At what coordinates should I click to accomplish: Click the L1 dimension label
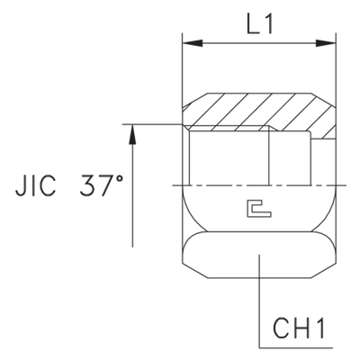[259, 27]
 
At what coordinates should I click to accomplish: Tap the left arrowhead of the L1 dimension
[188, 42]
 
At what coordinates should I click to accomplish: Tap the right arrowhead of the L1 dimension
[328, 42]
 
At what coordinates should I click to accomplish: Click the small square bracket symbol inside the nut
[258, 211]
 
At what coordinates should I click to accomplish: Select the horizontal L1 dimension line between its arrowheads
[258, 42]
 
